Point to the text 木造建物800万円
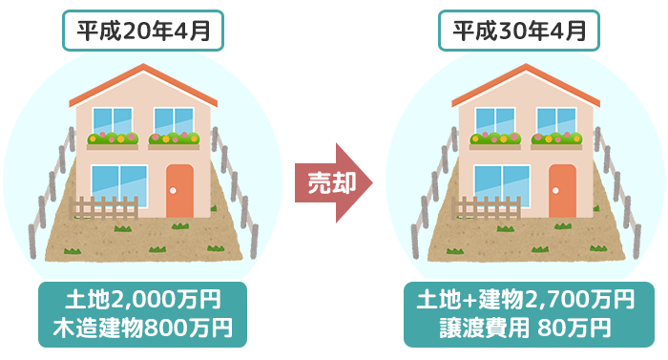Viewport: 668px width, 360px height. point(143,328)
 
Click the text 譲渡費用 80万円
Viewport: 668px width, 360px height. point(525,328)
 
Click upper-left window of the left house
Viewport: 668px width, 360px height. point(113,121)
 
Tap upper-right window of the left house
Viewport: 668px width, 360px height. point(174,121)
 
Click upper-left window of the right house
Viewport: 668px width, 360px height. point(495,121)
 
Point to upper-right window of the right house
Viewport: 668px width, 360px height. point(556,121)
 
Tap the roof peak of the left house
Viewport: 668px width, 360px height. point(143,69)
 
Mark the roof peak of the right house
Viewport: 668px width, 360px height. point(526,69)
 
